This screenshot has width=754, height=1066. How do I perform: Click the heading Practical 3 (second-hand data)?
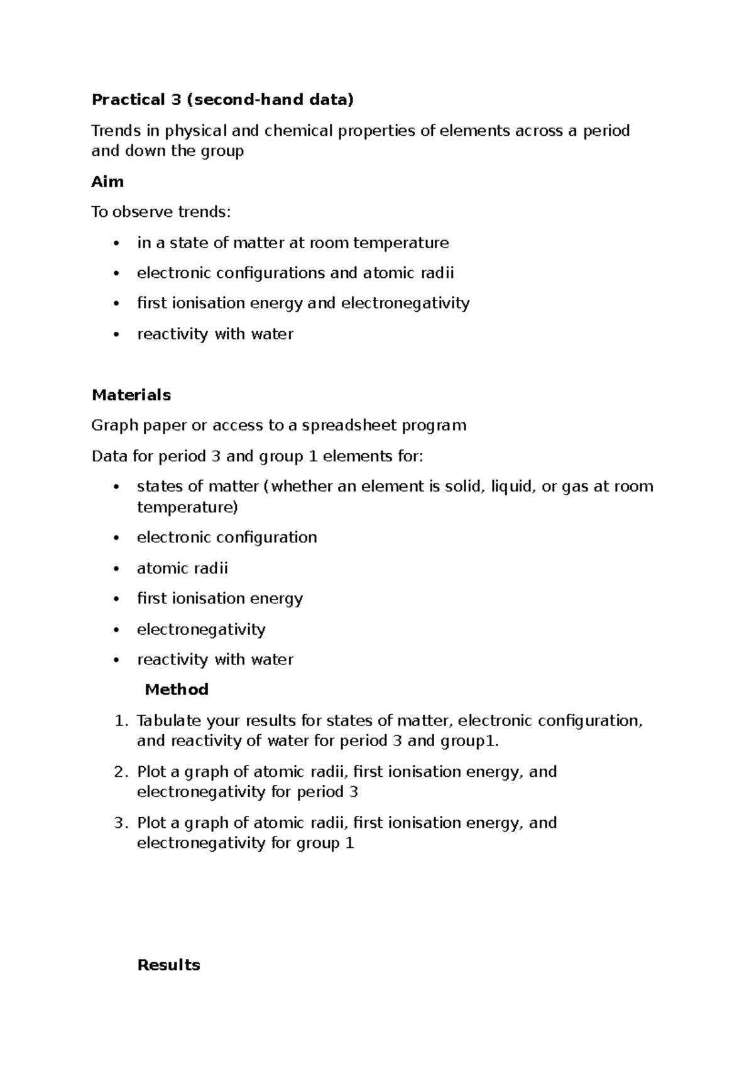pos(222,99)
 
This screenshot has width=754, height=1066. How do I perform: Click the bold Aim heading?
pos(107,182)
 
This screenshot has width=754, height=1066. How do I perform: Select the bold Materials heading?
pos(131,395)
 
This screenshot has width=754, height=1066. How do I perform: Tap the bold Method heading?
pos(177,690)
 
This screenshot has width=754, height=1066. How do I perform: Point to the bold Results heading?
pos(168,965)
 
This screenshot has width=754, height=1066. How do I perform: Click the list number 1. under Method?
pos(121,720)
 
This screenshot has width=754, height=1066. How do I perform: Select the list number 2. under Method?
pos(121,771)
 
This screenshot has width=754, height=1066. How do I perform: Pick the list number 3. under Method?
pos(121,822)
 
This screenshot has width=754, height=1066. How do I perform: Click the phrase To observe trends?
pos(161,212)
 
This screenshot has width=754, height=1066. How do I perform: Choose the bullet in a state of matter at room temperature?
pos(293,243)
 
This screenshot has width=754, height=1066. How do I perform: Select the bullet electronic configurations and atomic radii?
pos(295,273)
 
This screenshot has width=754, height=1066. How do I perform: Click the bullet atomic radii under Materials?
pos(182,568)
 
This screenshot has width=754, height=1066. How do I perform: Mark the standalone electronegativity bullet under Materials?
pos(201,629)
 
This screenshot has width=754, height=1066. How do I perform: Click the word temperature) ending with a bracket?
pos(187,507)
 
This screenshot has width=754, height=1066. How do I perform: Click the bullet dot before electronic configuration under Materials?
pos(116,538)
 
